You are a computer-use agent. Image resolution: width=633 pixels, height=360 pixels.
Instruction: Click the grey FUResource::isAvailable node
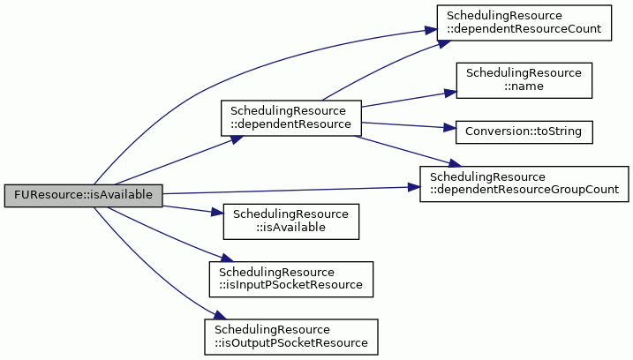[84, 196]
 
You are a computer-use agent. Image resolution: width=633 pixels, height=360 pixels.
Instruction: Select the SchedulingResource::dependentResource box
[291, 118]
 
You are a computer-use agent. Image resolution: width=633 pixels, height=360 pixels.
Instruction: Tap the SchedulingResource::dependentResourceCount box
[524, 23]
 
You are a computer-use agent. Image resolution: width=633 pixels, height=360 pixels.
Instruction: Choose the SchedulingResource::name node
[524, 80]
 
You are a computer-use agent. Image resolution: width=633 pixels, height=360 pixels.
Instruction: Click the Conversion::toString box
[524, 132]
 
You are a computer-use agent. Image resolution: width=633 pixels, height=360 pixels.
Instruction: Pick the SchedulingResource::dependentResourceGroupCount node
[524, 184]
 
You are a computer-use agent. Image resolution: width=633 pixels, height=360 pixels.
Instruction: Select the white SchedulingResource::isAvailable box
[291, 221]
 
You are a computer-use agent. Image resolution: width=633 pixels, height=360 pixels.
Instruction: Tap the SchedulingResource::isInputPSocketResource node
[291, 280]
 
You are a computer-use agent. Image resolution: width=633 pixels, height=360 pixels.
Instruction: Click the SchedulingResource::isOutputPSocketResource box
[291, 337]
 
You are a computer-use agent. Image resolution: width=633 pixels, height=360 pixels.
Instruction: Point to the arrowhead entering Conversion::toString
[450, 128]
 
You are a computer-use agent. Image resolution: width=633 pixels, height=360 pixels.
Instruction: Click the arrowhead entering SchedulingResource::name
[450, 94]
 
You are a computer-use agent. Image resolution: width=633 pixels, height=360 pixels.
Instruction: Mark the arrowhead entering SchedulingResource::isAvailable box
[217, 213]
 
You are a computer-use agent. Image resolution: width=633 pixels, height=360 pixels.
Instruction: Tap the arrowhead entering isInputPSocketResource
[227, 258]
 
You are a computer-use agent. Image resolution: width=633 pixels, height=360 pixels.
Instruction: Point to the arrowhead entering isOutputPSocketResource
[219, 315]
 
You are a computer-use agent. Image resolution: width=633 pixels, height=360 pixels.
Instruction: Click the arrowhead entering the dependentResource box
[237, 139]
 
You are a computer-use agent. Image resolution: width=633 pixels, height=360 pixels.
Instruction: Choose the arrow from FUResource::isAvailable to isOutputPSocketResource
[149, 270]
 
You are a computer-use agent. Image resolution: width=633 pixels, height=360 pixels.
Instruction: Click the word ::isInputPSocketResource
[290, 285]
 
